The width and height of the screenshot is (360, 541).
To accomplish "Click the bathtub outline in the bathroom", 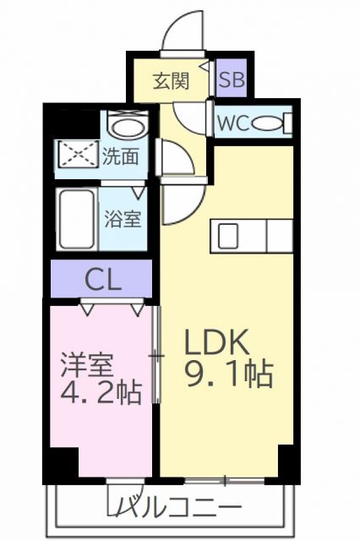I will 79,219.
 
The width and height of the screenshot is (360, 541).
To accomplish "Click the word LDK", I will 215,343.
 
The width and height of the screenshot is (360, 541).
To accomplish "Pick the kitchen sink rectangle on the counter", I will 231,235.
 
